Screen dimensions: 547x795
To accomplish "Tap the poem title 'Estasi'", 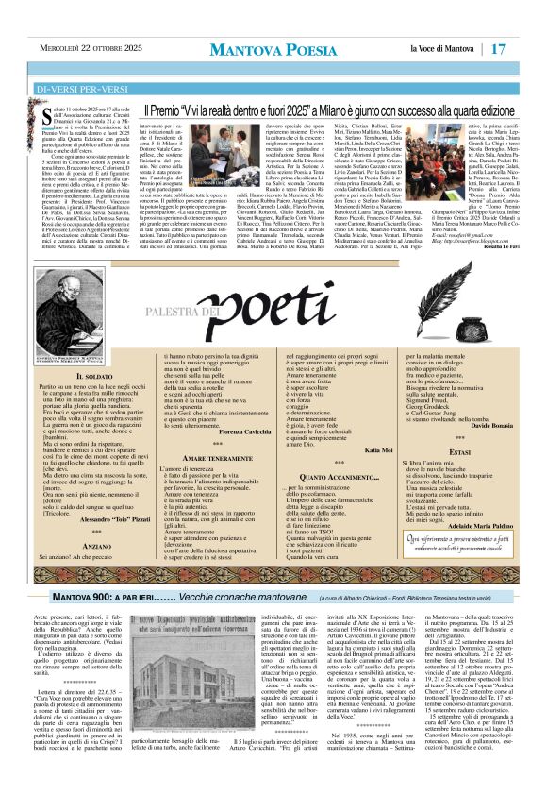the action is click(460, 453).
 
